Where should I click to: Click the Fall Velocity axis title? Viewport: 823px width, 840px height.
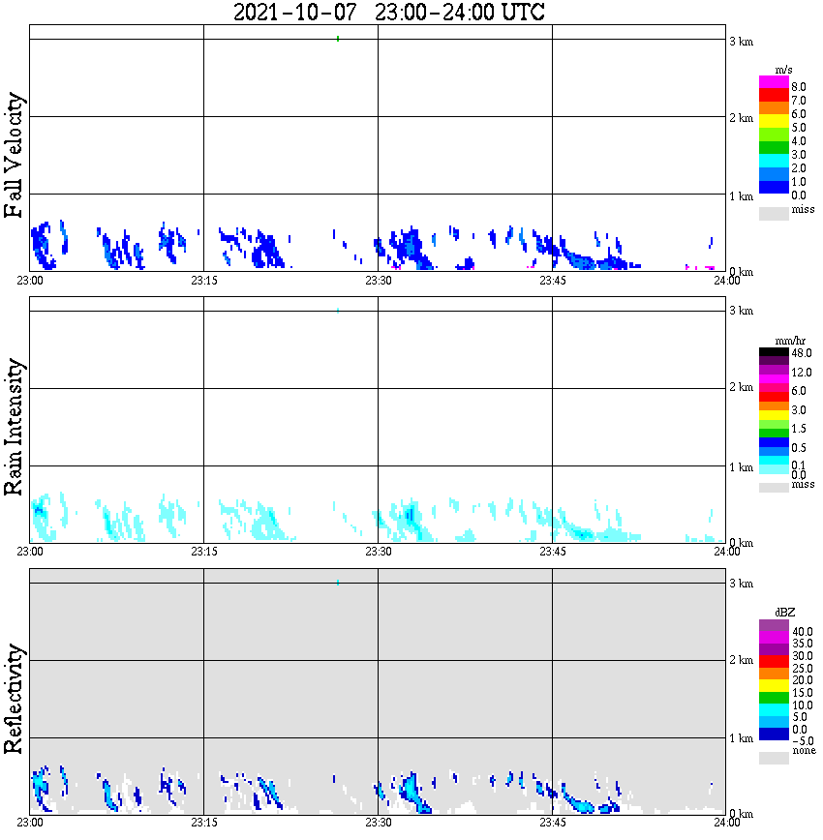click(x=15, y=155)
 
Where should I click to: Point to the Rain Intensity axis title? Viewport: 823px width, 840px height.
click(x=15, y=426)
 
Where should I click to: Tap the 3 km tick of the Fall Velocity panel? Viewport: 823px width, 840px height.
click(x=741, y=42)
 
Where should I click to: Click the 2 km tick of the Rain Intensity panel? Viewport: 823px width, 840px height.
click(x=741, y=388)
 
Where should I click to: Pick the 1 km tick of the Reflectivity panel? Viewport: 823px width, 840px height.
click(x=741, y=738)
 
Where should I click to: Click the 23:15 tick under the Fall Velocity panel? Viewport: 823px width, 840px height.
click(x=203, y=281)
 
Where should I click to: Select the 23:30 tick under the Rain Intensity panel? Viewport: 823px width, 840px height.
click(x=378, y=552)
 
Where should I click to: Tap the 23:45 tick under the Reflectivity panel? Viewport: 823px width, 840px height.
click(x=552, y=823)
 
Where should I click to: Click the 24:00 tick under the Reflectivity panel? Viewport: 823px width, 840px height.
click(x=726, y=823)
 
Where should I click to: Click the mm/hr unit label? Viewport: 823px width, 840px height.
click(x=789, y=342)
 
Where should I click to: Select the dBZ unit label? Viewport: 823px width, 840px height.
click(x=785, y=613)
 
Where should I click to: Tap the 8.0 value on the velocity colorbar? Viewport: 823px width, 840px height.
click(x=799, y=86)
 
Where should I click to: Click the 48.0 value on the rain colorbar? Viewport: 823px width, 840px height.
click(x=801, y=354)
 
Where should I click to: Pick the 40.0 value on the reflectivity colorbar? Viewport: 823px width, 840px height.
click(x=801, y=631)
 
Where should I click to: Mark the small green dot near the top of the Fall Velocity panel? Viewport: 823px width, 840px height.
click(x=337, y=39)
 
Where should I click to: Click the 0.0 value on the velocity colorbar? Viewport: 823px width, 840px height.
click(x=799, y=195)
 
